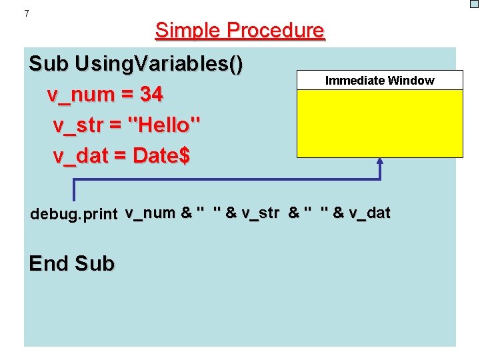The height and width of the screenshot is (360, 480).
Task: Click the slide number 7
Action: coord(27,13)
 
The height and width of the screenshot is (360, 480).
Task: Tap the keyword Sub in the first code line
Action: coord(49,65)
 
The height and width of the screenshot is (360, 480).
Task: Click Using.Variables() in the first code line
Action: coord(159,65)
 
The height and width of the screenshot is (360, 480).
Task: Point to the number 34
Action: coord(151,95)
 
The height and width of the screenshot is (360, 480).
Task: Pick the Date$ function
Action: coord(162,156)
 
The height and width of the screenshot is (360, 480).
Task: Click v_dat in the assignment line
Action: coord(79,156)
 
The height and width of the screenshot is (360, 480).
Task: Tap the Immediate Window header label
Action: coord(379,81)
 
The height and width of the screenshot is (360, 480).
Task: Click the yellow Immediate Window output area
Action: coord(379,123)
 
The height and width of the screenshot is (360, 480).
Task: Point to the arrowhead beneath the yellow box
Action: coord(380,162)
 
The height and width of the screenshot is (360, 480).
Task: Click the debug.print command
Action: coord(74,215)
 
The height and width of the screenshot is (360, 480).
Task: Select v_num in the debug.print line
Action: coord(150,213)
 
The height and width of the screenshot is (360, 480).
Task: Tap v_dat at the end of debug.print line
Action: coord(369,213)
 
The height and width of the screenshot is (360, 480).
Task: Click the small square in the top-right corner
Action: coord(474,4)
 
